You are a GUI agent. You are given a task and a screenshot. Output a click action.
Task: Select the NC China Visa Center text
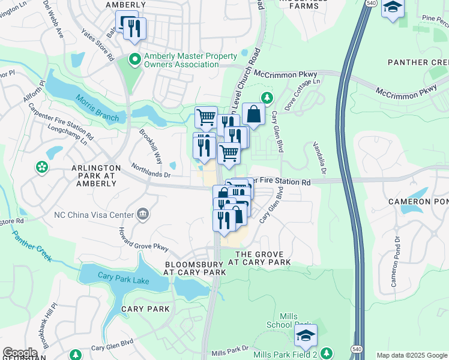(93, 214)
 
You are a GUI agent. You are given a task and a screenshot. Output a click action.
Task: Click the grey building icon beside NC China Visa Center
(143, 214)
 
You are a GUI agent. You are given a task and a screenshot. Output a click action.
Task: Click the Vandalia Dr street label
(319, 159)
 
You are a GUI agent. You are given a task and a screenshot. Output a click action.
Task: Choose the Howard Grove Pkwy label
(142, 239)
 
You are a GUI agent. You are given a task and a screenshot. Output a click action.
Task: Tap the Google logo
(20, 353)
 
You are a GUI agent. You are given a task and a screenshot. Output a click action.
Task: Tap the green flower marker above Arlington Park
(42, 166)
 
